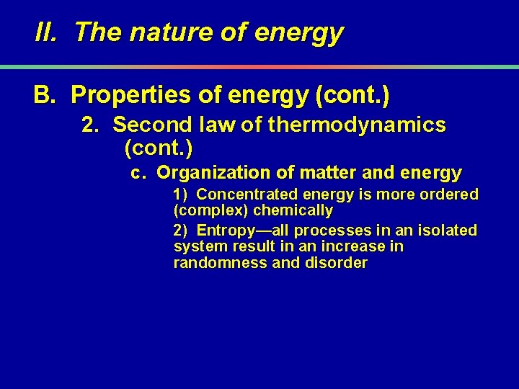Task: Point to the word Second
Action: [148, 125]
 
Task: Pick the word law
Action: [213, 125]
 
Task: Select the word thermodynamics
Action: [356, 125]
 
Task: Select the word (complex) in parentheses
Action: [205, 211]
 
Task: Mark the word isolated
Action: [448, 231]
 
